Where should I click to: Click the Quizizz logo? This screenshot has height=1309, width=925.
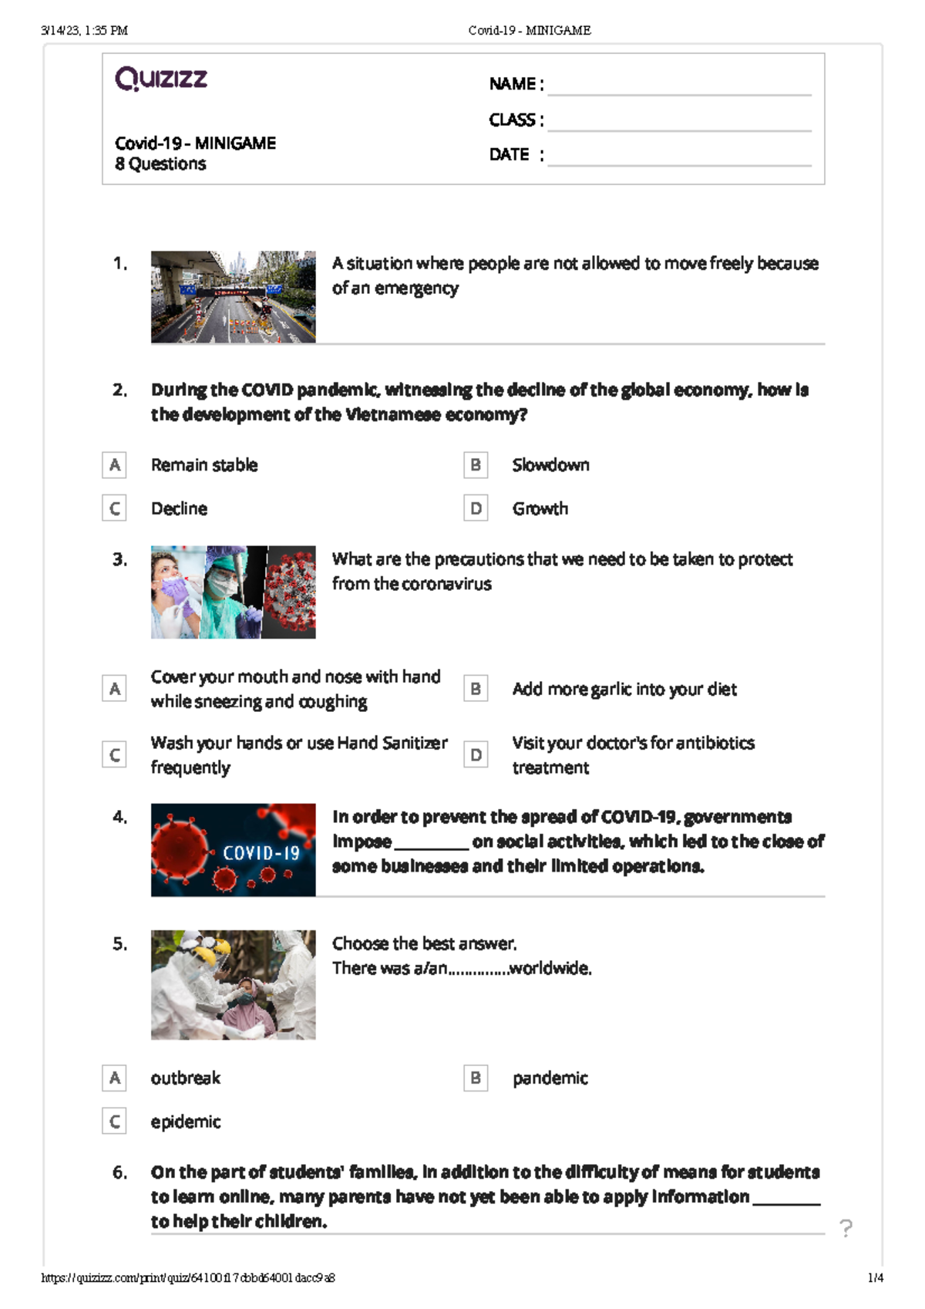pos(161,79)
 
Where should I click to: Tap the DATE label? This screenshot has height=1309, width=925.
pos(510,155)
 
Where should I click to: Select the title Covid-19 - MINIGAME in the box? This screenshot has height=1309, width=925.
pos(195,143)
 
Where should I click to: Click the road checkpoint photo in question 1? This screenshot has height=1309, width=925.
pos(233,297)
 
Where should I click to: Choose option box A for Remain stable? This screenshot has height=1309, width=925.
pos(114,465)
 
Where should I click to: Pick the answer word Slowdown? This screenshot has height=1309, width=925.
pos(550,465)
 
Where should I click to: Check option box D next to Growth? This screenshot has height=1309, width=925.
pos(476,508)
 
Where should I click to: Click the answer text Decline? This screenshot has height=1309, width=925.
pos(179,509)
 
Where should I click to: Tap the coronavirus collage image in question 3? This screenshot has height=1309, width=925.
pos(233,592)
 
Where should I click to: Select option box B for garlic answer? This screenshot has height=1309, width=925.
pos(476,689)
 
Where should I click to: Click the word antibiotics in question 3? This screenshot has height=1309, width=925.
pos(718,743)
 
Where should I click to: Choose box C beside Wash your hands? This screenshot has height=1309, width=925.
pos(114,754)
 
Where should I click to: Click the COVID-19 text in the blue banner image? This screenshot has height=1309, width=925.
pos(261,853)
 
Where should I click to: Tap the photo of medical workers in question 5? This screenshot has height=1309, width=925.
pos(233,985)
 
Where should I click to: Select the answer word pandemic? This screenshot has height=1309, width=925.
pos(550,1078)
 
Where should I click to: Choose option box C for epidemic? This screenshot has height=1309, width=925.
pos(114,1122)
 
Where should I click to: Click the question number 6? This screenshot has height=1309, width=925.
pos(119,1172)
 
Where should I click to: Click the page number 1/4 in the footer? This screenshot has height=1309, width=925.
pos(875,1278)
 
